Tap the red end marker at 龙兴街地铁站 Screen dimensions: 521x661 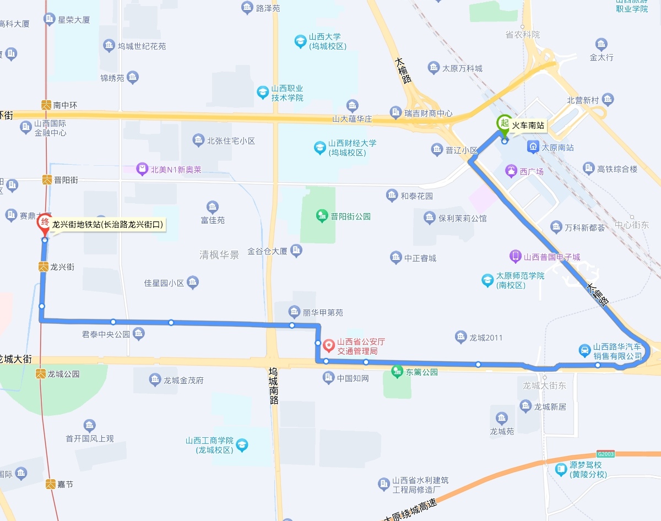(45, 222)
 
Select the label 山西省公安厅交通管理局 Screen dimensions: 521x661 (361, 346)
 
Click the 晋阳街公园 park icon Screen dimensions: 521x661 (322, 216)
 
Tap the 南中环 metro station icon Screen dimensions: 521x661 (47, 104)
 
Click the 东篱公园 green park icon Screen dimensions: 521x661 (397, 372)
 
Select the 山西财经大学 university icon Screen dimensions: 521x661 (319, 147)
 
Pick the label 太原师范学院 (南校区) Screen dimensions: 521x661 (520, 280)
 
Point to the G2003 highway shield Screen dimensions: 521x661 (605, 454)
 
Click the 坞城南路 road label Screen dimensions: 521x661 (274, 386)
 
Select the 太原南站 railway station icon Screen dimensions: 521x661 (533, 147)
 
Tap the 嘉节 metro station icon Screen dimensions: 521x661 (50, 484)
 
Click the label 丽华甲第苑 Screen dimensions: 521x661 (323, 312)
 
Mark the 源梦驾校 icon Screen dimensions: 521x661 (561, 469)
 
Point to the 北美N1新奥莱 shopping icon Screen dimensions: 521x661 (143, 169)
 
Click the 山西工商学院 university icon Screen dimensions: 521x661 (241, 444)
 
